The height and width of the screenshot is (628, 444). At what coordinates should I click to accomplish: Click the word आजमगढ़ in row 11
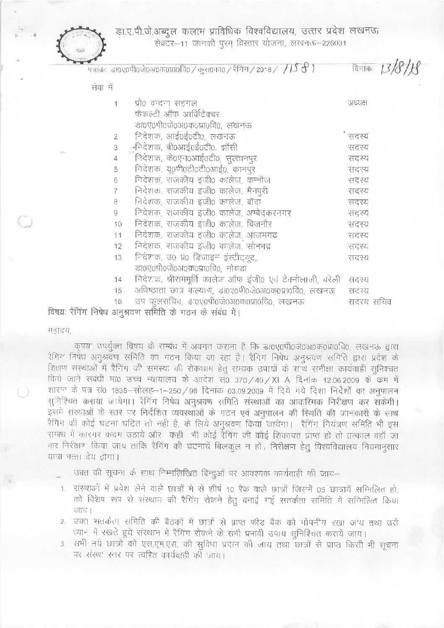(x=261, y=235)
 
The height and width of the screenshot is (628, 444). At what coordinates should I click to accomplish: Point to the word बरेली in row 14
(x=333, y=279)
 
